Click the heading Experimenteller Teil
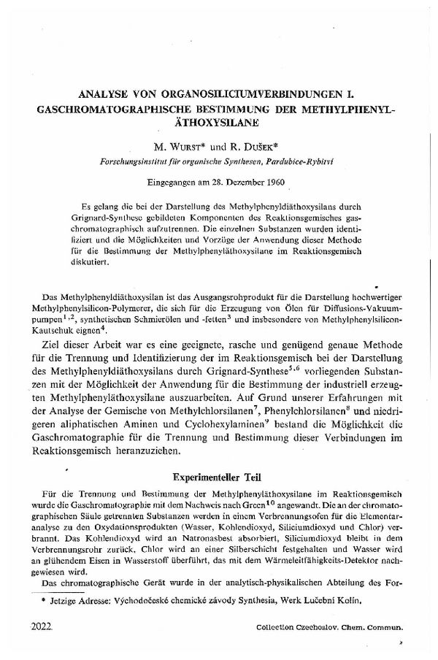[218, 477]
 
